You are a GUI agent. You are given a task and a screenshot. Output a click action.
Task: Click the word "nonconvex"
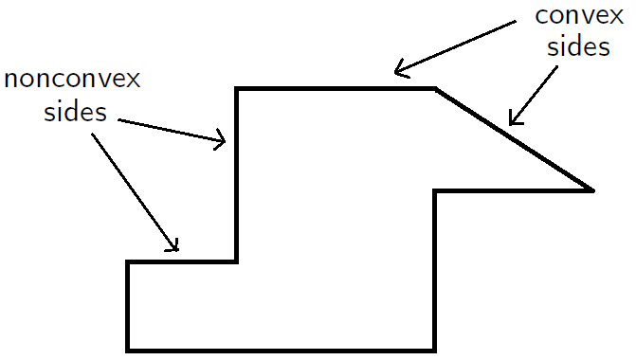pos(73,80)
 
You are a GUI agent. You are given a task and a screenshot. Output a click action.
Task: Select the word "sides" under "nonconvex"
pos(74,114)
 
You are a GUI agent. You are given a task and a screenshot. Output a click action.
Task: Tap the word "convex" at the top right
pos(574,16)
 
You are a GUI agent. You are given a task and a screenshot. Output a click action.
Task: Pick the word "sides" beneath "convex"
pos(579,47)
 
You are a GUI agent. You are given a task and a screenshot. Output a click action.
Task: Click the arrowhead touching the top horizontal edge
pos(400,69)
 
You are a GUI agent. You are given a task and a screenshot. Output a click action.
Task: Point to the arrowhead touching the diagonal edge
pos(513,120)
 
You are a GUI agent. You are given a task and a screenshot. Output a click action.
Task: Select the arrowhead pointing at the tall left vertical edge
pos(223,142)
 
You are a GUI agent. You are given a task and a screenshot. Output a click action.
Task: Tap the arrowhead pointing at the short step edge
pos(173,247)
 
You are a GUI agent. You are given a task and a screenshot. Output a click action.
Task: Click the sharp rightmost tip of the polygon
pos(592,190)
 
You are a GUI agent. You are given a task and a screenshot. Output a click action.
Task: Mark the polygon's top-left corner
pos(237,89)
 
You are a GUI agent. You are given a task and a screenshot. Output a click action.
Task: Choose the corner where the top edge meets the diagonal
pos(435,89)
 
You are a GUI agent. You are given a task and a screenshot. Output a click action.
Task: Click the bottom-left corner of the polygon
pos(128,350)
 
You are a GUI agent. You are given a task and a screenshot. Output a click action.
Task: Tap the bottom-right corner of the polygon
pos(435,350)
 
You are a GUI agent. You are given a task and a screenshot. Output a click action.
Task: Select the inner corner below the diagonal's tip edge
pos(435,190)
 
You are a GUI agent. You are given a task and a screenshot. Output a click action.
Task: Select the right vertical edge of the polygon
pos(435,270)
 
